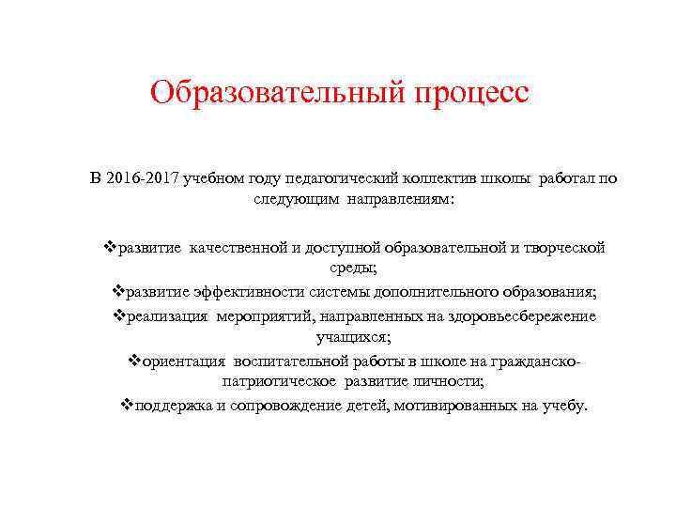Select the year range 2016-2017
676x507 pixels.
[147, 178]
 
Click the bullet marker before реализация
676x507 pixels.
[118, 316]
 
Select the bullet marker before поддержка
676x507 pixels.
[128, 407]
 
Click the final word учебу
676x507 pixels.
[561, 407]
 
